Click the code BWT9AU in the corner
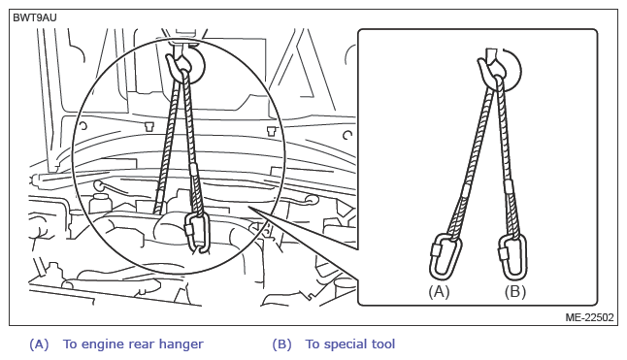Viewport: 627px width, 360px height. coord(35,18)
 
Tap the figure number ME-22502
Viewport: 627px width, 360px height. coord(589,317)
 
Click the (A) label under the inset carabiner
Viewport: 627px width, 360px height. coord(439,292)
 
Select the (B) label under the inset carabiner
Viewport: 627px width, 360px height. coord(514,292)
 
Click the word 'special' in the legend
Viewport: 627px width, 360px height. coord(347,344)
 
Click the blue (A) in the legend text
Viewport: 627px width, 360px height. coord(39,344)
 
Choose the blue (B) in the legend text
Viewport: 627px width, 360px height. coord(281,344)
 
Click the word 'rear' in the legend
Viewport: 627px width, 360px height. coord(141,344)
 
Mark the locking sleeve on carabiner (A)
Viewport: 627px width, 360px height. coord(435,250)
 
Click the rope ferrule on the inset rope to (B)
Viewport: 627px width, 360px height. coord(509,186)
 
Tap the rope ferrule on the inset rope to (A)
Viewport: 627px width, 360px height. coord(466,191)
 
